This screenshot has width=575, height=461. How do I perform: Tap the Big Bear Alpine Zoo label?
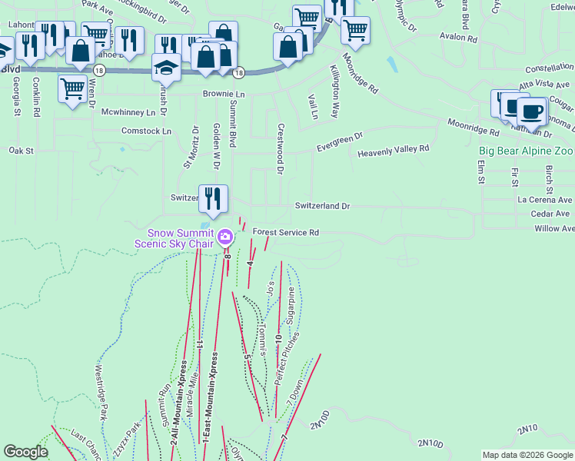coord(527,151)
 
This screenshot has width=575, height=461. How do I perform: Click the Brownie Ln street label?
coord(224,94)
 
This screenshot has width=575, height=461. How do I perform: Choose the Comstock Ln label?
coord(146,131)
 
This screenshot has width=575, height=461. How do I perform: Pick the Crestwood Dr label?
coord(280,149)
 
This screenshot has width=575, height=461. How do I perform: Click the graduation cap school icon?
coord(165,69)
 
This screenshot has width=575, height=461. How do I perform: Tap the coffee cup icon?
coord(531,111)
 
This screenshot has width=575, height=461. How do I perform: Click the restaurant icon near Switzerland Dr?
coord(213,198)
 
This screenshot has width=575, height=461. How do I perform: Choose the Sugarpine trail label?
coord(291,306)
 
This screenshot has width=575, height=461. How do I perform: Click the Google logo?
coord(26,452)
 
